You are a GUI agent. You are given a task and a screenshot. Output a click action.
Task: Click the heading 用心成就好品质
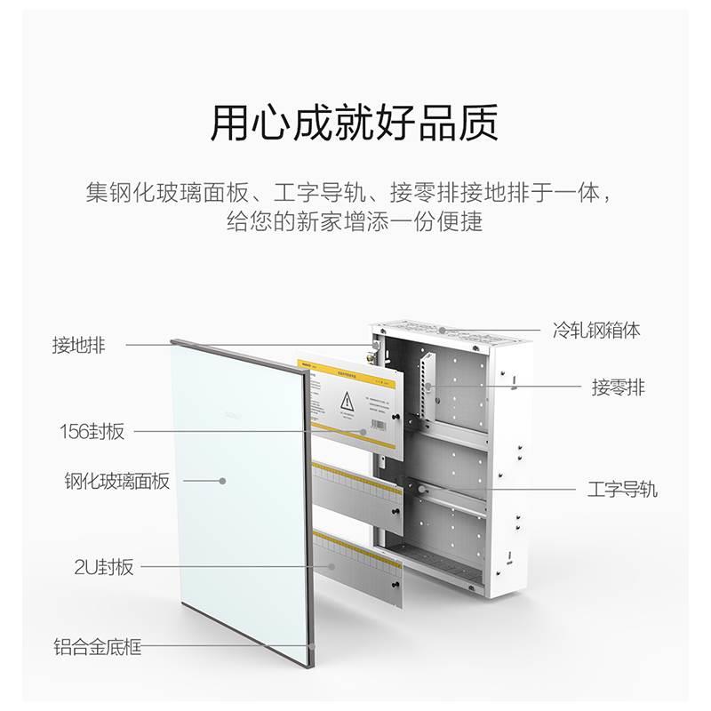pyautogui.click(x=354, y=124)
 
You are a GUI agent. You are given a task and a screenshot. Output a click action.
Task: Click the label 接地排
pyautogui.click(x=78, y=346)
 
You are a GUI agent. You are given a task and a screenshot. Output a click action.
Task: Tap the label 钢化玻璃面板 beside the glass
pyautogui.click(x=116, y=482)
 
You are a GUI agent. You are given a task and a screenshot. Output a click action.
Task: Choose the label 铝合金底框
pyautogui.click(x=97, y=647)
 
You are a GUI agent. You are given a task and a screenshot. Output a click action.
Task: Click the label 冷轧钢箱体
pyautogui.click(x=595, y=331)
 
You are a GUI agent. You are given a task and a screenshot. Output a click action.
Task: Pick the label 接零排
pyautogui.click(x=619, y=387)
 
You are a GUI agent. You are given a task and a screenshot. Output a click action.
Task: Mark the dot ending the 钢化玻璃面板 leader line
pyautogui.click(x=223, y=481)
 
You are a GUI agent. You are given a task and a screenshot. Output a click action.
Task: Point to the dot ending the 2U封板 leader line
pyautogui.click(x=332, y=566)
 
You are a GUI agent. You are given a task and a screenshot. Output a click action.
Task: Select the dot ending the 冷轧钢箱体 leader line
pyautogui.click(x=442, y=331)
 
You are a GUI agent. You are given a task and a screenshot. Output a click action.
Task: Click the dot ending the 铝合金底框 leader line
pyautogui.click(x=313, y=646)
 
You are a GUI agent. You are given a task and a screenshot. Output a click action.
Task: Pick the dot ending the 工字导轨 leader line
pyautogui.click(x=413, y=488)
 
